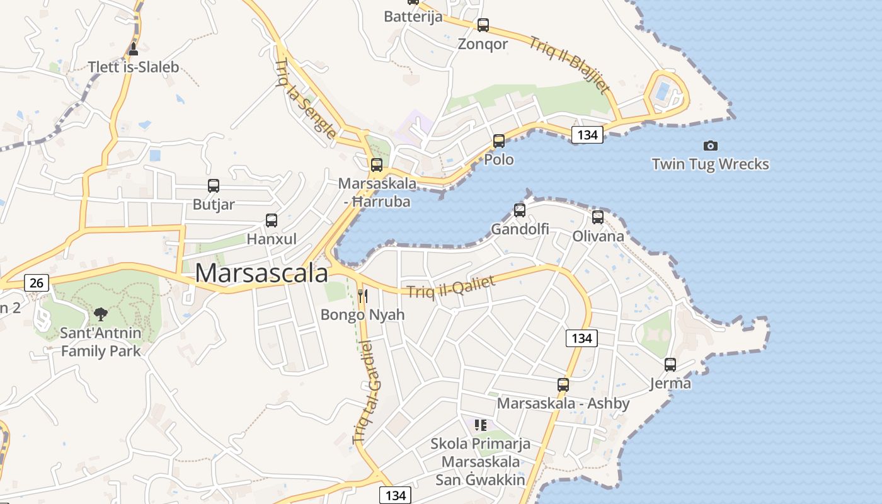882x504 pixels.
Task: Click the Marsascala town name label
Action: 261,273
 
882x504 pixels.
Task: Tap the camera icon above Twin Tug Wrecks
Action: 710,146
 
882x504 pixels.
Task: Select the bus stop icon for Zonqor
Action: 483,25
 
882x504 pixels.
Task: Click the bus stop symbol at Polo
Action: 499,140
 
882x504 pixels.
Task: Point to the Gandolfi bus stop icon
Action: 520,210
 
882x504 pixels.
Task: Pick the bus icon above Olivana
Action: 598,217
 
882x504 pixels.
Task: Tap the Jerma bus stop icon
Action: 670,364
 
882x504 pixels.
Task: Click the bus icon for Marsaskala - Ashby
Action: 563,384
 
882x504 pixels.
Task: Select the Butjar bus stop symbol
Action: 214,186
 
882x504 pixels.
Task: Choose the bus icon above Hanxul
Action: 272,220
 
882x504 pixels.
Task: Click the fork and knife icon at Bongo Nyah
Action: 362,295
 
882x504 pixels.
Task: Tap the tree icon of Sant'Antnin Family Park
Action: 100,314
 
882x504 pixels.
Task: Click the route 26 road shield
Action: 37,283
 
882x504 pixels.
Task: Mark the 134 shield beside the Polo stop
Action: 587,134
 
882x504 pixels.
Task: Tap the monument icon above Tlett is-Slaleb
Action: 133,49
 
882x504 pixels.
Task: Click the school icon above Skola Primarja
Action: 481,425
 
